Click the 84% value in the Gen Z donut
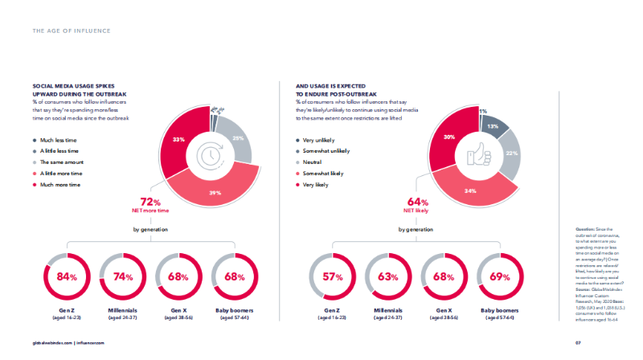pyautogui.click(x=67, y=277)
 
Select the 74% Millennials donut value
pyautogui.click(x=123, y=277)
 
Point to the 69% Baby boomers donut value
pyautogui.click(x=499, y=277)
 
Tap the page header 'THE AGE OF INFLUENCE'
pyautogui.click(x=72, y=31)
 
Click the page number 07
pyautogui.click(x=577, y=342)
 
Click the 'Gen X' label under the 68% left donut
pyautogui.click(x=179, y=309)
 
